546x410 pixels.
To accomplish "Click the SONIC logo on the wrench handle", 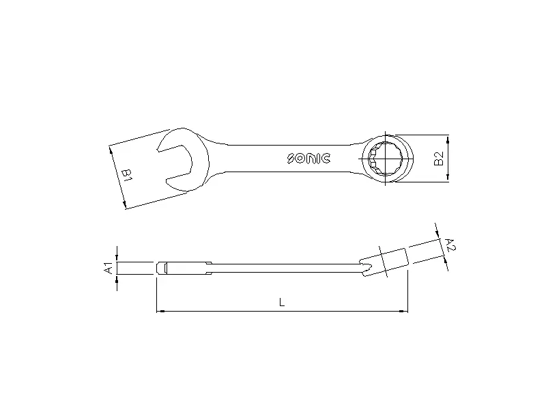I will (308, 159).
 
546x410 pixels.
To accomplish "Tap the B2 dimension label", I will (439, 158).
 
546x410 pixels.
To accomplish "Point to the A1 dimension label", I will (107, 268).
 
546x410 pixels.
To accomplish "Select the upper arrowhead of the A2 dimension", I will (437, 231).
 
